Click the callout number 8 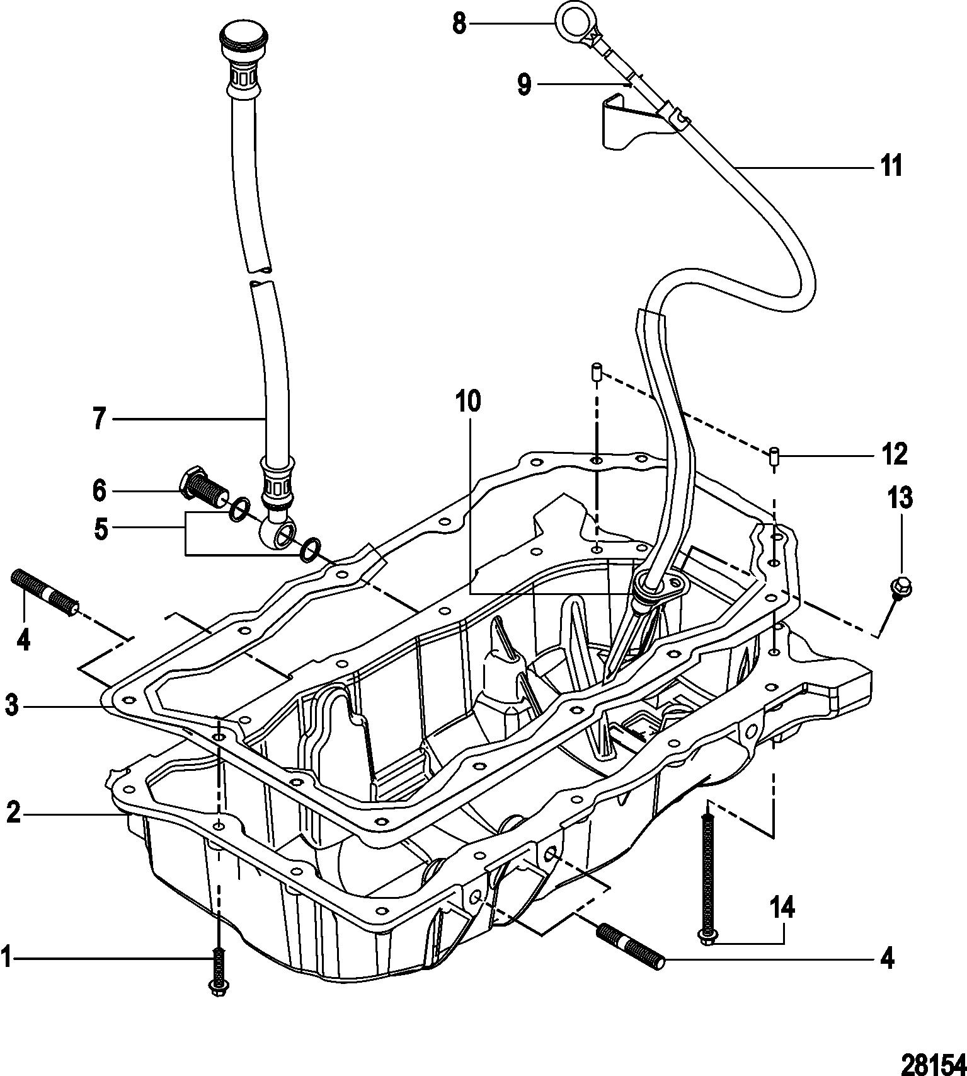(x=459, y=24)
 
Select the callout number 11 (x=891, y=166)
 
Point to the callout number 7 (x=99, y=419)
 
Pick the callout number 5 (x=100, y=528)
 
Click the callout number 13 (x=900, y=498)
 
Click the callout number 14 (x=782, y=909)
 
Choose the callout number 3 (x=11, y=706)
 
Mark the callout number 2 (x=13, y=814)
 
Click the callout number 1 (x=6, y=959)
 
